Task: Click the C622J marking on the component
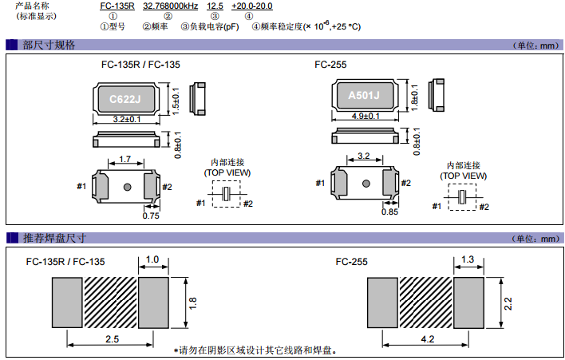point(124,99)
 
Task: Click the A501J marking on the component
point(364,97)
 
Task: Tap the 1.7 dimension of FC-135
point(124,159)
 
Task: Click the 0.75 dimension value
point(150,215)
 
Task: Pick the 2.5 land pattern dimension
point(111,339)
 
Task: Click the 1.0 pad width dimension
point(153,259)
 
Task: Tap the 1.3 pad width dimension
point(469,259)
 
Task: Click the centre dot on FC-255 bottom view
point(365,184)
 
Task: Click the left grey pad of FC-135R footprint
point(67,303)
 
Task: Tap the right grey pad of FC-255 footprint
point(469,303)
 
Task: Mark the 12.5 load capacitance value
point(215,6)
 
